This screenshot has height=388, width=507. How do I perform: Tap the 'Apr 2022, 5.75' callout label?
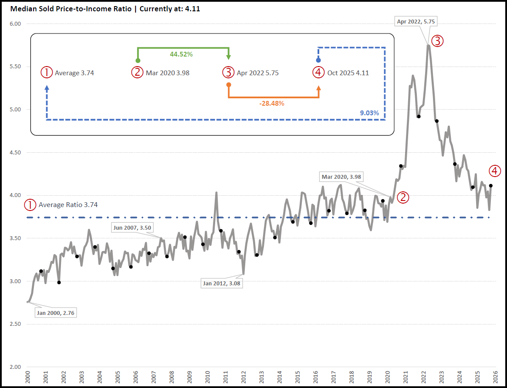click(x=416, y=20)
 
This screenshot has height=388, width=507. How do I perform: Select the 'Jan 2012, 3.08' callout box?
click(x=222, y=284)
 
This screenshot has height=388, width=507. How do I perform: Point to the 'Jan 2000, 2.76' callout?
click(x=56, y=313)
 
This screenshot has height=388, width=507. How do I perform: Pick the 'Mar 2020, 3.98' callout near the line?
click(x=341, y=177)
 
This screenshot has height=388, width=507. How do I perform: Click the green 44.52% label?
click(x=181, y=54)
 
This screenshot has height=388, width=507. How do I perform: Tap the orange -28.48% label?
click(x=271, y=104)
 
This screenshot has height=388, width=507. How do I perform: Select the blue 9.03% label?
click(x=370, y=113)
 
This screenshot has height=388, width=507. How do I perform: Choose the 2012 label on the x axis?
click(x=244, y=377)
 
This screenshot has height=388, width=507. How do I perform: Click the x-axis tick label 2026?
click(x=496, y=377)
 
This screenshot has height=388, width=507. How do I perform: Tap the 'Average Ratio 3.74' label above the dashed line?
click(x=68, y=204)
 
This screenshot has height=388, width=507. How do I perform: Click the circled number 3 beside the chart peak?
click(x=437, y=41)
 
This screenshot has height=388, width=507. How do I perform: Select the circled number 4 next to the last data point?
click(x=494, y=171)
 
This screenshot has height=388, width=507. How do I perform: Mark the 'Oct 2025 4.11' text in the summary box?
click(x=348, y=73)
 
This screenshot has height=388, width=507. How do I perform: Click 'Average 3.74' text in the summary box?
click(x=74, y=73)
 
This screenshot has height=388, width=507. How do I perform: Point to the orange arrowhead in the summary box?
click(x=318, y=88)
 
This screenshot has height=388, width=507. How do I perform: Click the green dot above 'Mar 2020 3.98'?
click(x=138, y=60)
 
